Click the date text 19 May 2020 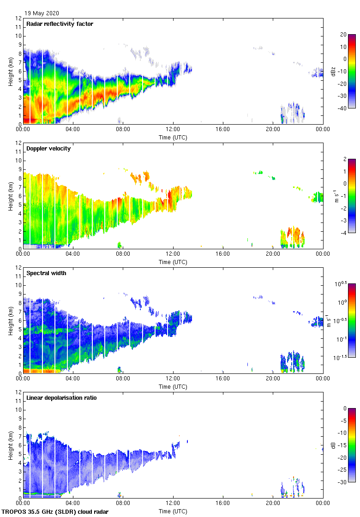tap(42, 13)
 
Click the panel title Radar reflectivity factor tap(60, 24)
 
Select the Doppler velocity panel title tap(48, 149)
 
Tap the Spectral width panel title tap(47, 273)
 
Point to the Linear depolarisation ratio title tap(61, 398)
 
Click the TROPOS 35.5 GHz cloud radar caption tap(55, 512)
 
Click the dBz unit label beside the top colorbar tap(333, 72)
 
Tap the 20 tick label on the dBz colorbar tap(343, 35)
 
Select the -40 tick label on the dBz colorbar tap(343, 108)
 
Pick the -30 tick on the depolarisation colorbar tap(343, 482)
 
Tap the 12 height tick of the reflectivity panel tap(19, 18)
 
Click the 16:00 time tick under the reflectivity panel tap(223, 130)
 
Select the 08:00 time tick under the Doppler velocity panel tap(123, 254)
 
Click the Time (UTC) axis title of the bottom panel tap(173, 511)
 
